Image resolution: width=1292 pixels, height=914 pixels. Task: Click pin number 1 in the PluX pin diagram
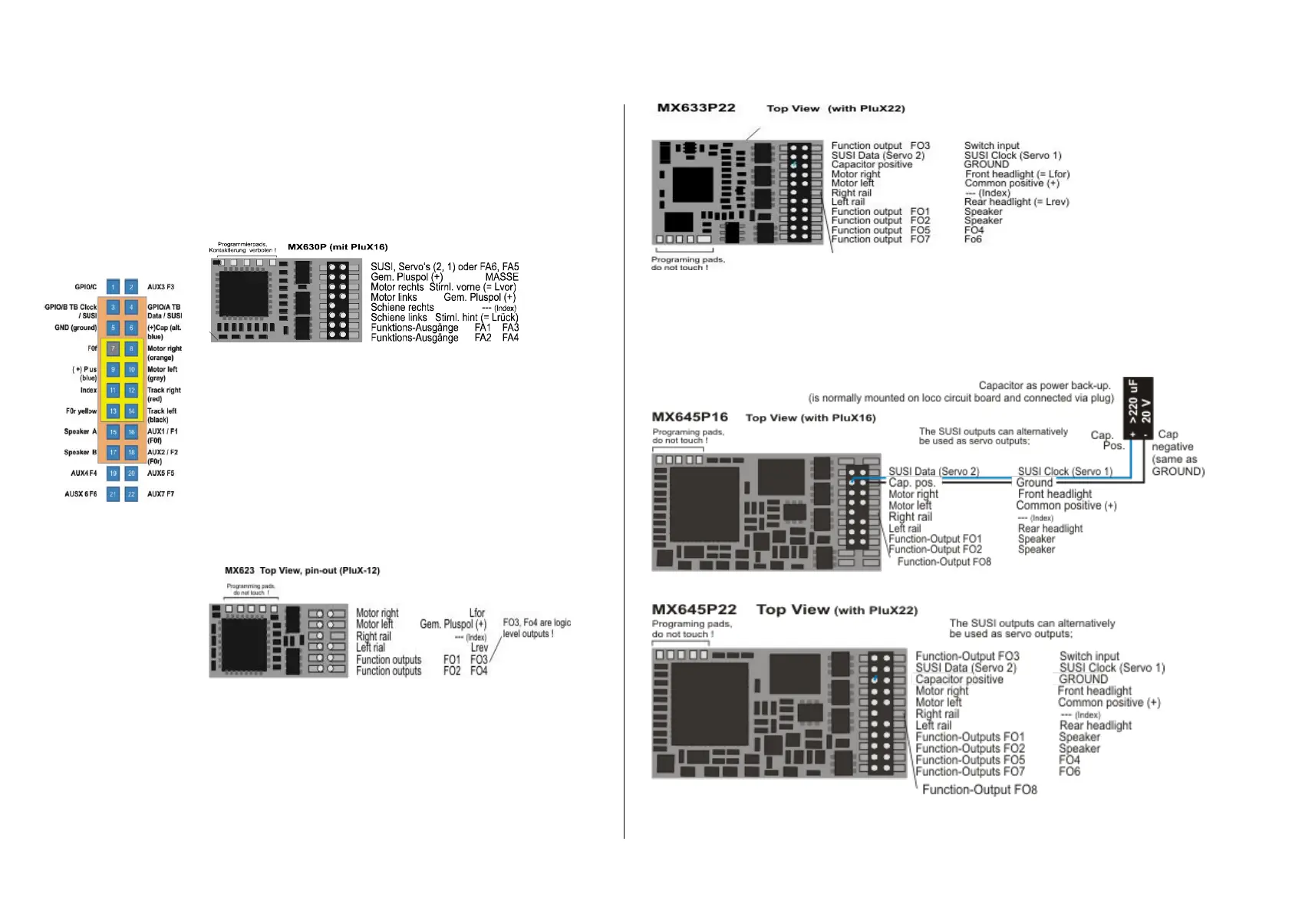point(113,287)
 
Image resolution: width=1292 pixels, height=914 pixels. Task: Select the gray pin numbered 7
point(113,348)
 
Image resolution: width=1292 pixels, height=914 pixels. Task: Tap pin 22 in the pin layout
point(131,494)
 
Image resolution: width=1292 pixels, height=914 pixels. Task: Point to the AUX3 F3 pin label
point(160,287)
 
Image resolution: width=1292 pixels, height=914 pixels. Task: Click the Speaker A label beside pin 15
point(80,431)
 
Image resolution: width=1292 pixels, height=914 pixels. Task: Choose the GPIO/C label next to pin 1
point(85,287)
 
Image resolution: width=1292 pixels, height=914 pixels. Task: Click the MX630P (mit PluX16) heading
point(338,247)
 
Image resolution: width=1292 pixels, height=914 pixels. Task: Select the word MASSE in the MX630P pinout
point(502,277)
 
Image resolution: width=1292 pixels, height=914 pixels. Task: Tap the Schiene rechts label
point(402,307)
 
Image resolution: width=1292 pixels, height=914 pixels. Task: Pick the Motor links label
point(394,297)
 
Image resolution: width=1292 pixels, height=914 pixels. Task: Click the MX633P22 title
point(696,108)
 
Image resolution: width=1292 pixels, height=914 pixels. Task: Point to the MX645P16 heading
point(690,417)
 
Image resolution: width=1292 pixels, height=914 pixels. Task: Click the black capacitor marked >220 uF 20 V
point(1138,407)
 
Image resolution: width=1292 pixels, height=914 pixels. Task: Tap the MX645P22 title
point(694,610)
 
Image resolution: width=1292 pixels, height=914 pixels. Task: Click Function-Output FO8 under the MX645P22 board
point(979,790)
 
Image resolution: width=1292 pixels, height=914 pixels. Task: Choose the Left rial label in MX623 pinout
point(371,648)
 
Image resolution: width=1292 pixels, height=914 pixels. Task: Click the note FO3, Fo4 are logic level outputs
point(536,628)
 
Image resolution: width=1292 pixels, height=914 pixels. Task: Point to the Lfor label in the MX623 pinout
point(477,613)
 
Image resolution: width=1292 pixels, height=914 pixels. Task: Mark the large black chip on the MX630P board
point(244,293)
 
